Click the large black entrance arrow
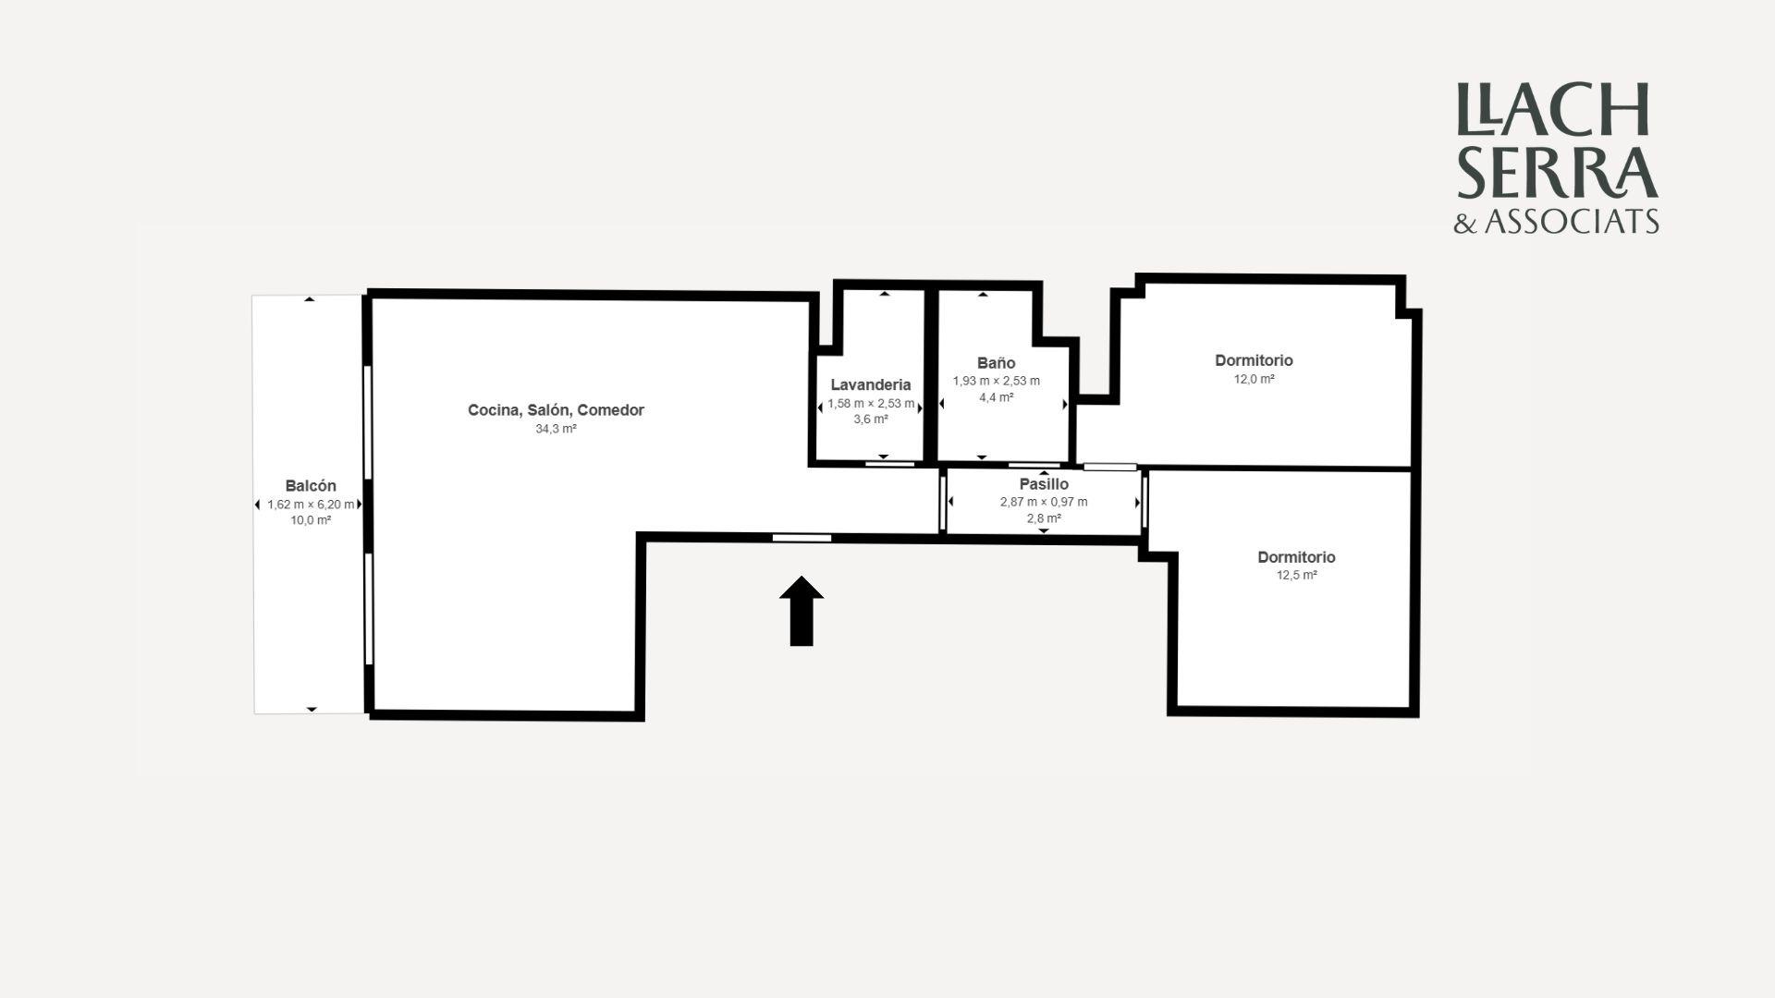pos(802,611)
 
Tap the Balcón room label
pos(311,486)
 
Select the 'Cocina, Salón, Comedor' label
pos(556,410)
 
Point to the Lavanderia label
pos(871,384)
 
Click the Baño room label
pos(997,363)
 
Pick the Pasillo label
pos(1044,484)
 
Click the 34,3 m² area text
pos(557,429)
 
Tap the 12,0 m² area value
pos(1255,379)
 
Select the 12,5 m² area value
pos(1297,575)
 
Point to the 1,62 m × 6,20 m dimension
pos(311,505)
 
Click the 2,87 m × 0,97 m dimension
pos(1044,502)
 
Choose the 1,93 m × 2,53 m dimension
pos(997,381)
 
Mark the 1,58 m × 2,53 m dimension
pos(871,404)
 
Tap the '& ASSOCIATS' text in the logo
pos(1557,222)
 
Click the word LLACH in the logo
pos(1553,110)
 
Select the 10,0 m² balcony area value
pos(311,520)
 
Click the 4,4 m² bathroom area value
pos(997,397)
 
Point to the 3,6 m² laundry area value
pos(871,420)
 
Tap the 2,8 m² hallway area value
pos(1044,518)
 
